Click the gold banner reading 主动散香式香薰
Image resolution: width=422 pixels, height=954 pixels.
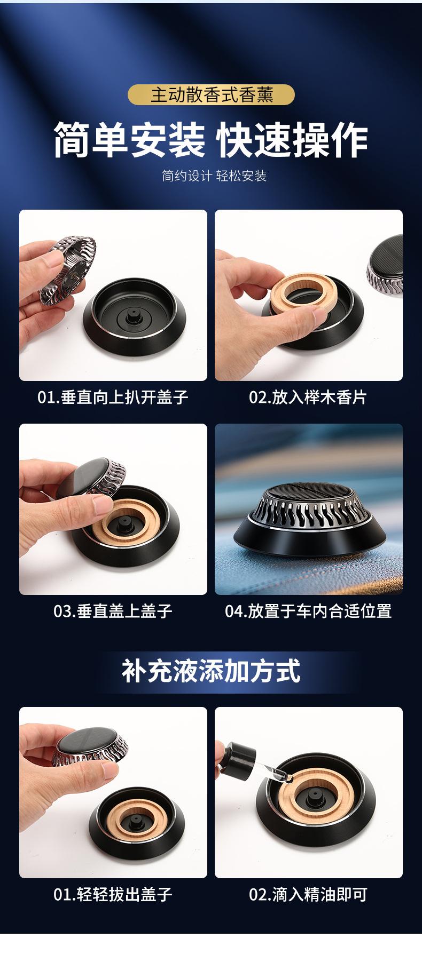point(211,94)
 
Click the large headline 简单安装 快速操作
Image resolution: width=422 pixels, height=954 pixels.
point(211,140)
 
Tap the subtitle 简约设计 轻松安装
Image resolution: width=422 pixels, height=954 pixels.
point(214,176)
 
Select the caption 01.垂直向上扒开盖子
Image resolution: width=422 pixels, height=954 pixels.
point(113,397)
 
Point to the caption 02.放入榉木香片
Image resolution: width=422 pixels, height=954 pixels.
point(308,397)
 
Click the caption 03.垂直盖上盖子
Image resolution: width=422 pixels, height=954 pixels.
point(113,611)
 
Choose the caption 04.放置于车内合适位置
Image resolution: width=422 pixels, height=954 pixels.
point(308,611)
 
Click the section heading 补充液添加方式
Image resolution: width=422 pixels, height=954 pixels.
point(211,671)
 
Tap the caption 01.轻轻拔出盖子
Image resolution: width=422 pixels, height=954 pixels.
point(113,895)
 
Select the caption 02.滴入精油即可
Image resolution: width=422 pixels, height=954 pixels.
point(308,895)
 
